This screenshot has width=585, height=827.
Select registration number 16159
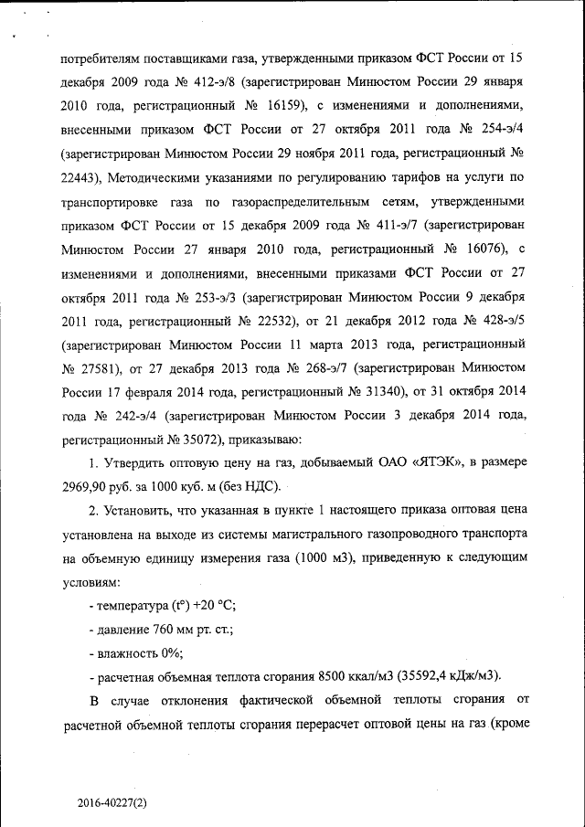click(298, 106)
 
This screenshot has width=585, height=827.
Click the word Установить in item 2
click(144, 509)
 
